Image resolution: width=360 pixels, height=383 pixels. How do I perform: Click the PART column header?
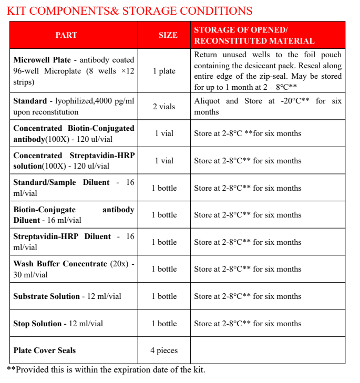click(x=66, y=35)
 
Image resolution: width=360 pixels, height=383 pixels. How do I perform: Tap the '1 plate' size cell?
click(x=164, y=71)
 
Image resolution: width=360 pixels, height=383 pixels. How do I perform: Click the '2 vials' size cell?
click(x=164, y=107)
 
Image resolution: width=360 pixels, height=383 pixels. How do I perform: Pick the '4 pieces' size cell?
click(x=164, y=350)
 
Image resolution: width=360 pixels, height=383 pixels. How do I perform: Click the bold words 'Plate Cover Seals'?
click(x=45, y=350)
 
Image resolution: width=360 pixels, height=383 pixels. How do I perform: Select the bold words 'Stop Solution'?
click(x=37, y=324)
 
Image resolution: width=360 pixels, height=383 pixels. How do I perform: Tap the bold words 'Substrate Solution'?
click(x=46, y=296)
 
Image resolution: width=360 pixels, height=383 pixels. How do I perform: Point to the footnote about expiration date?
click(x=106, y=370)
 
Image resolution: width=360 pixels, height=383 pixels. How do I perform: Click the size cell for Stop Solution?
click(x=164, y=324)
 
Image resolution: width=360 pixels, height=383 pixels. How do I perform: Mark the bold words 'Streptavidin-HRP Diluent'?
click(x=62, y=236)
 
